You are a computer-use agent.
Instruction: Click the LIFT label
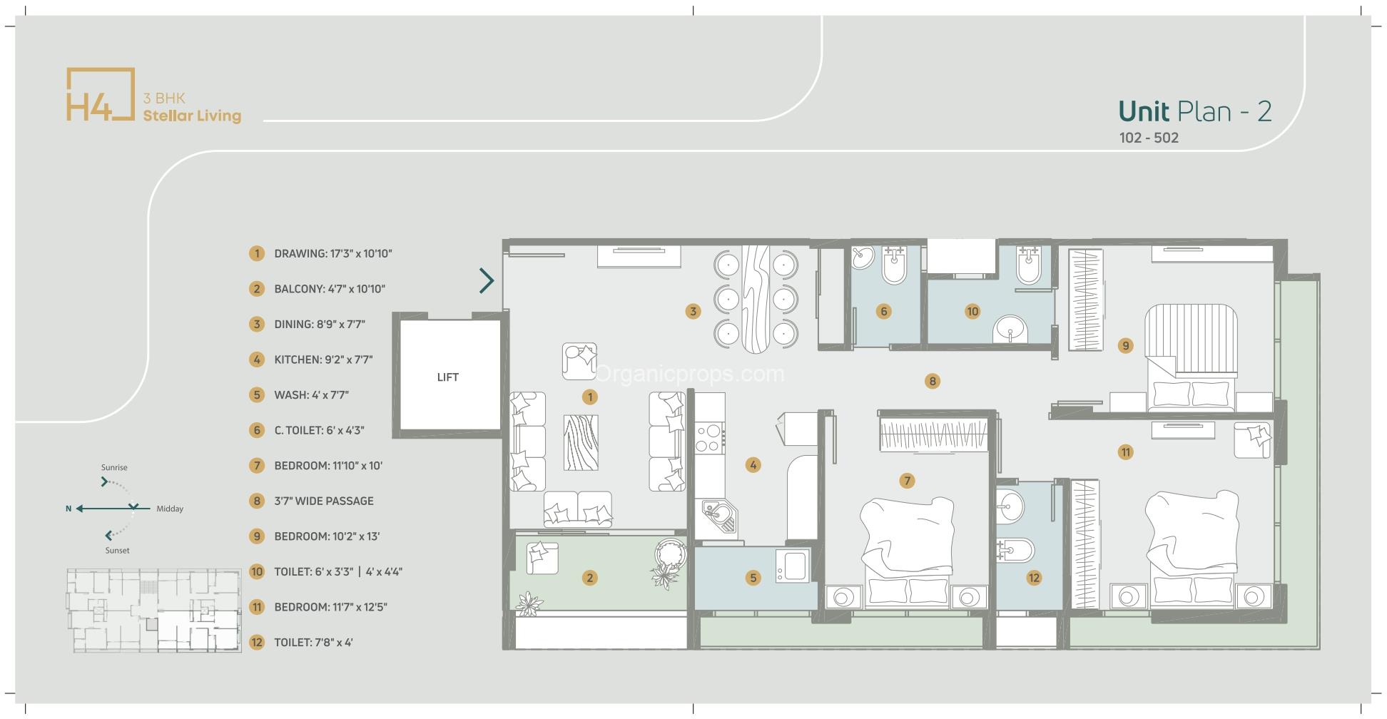coord(447,377)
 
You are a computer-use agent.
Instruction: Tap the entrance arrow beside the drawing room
coord(487,280)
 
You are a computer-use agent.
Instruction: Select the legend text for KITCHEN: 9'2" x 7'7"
coord(322,359)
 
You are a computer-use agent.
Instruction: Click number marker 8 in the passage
coord(932,381)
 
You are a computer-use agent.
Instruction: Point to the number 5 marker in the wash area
coord(753,578)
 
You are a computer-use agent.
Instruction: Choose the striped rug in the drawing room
coord(581,443)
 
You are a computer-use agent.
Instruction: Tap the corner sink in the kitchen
coord(717,516)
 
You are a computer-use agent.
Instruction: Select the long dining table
coord(755,300)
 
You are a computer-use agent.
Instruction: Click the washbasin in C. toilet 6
coord(863,257)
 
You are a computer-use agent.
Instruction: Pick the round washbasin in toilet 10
coord(1010,330)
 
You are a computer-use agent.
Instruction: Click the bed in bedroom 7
coord(908,549)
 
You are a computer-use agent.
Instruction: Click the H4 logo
coord(100,95)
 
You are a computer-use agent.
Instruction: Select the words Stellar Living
coord(192,116)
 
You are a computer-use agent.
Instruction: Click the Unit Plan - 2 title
coord(1194,111)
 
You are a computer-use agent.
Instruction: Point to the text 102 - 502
coord(1149,138)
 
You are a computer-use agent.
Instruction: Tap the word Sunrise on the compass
coord(114,467)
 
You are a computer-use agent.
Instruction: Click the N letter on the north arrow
coord(68,509)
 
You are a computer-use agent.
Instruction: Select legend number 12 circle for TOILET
coord(257,642)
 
